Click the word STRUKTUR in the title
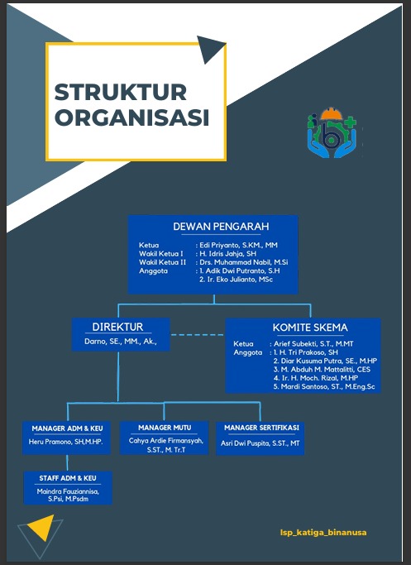[121, 91]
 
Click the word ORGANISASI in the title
[131, 117]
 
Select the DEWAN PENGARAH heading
[221, 227]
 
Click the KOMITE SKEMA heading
[303, 328]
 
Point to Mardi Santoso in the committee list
[324, 386]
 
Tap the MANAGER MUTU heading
[165, 428]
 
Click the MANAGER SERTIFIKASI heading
[260, 428]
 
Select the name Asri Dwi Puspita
[260, 443]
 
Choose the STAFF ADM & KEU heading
[68, 478]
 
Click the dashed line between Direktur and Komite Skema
[198, 334]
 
